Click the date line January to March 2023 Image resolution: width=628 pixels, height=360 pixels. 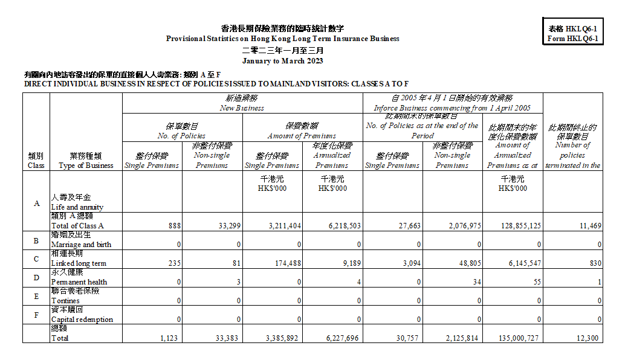click(282, 61)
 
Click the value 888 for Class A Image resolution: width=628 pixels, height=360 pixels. click(170, 226)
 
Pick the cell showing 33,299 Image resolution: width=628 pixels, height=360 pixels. click(230, 226)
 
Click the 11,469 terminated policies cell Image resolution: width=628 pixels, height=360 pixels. click(589, 226)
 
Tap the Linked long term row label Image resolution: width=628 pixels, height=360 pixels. click(79, 263)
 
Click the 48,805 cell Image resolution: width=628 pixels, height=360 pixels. click(468, 263)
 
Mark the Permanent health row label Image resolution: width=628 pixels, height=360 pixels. click(79, 282)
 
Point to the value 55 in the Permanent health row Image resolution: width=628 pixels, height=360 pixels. click(535, 282)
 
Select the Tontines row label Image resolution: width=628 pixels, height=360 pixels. click(65, 301)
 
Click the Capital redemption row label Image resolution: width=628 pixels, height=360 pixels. click(82, 320)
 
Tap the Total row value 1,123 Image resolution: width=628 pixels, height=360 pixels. click(169, 338)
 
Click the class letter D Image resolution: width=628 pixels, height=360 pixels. click(36, 278)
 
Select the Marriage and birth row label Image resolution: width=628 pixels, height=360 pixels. click(81, 245)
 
